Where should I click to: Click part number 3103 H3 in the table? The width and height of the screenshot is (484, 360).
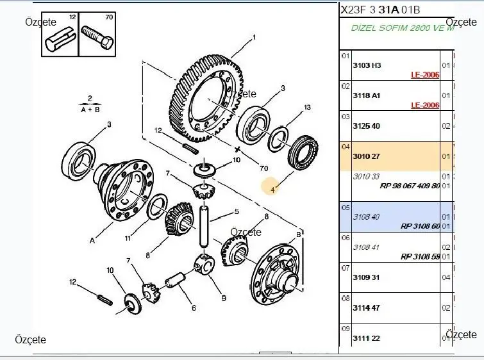click(367, 65)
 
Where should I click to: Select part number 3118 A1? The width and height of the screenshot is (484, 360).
click(367, 95)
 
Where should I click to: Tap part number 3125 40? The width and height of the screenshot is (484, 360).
click(367, 126)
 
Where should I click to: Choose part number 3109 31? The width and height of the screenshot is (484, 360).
click(367, 277)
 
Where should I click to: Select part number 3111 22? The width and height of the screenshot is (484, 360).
click(367, 338)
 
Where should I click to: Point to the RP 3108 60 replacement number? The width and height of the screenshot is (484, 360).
click(421, 226)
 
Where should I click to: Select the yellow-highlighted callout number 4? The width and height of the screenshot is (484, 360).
click(272, 188)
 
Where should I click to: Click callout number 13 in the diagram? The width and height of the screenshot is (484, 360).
click(307, 107)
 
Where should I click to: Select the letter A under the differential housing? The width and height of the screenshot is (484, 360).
click(92, 241)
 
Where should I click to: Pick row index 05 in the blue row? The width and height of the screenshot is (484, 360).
click(346, 208)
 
